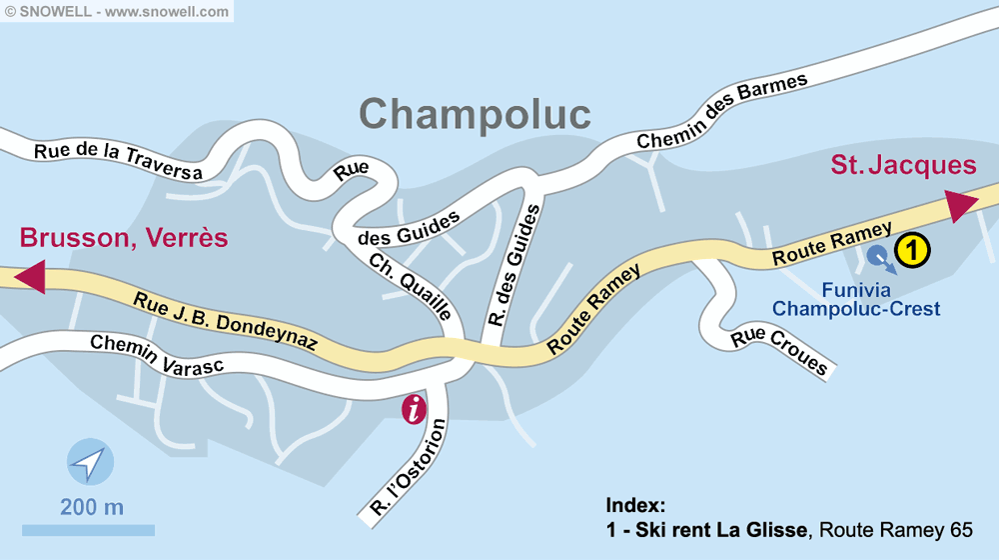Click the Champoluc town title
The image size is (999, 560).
(475, 114)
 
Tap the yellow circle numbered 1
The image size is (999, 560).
(911, 250)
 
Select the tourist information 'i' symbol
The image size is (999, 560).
(413, 409)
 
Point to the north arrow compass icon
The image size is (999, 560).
(90, 463)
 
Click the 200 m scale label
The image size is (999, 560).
(92, 507)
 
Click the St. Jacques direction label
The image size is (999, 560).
(903, 165)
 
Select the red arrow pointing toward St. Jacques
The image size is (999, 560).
(961, 204)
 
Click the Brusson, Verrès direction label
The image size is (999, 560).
(124, 238)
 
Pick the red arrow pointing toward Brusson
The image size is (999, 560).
(31, 276)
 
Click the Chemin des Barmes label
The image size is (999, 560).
(721, 113)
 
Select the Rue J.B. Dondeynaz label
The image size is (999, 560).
(225, 319)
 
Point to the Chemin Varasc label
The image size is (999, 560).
(160, 356)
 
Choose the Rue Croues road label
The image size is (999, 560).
(779, 351)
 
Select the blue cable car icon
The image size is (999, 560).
(879, 257)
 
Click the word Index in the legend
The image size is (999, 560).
(635, 505)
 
